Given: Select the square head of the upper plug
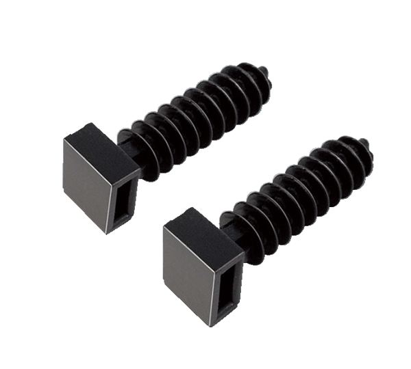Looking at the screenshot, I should click(99, 178).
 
